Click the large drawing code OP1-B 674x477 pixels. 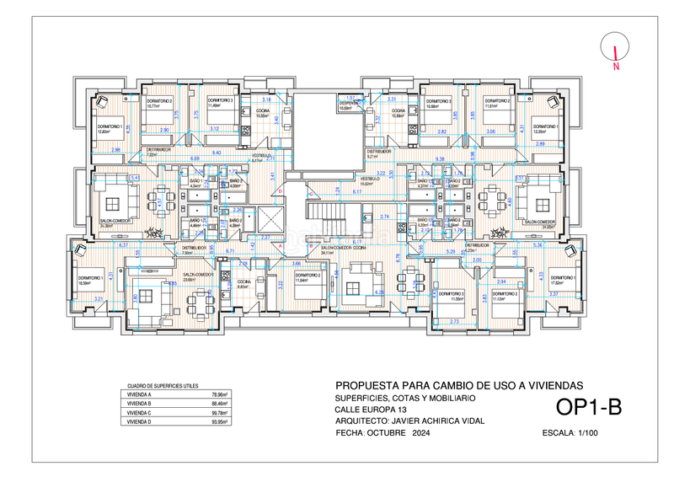click(589, 408)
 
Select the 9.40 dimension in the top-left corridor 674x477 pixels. click(217, 153)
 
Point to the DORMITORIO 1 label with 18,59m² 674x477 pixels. click(90, 280)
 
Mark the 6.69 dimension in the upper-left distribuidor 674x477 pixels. click(195, 159)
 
